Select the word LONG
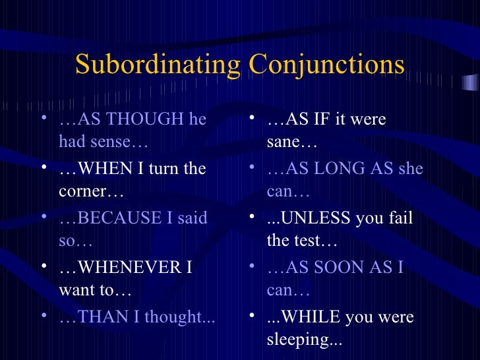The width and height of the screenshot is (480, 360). pyautogui.click(x=330, y=169)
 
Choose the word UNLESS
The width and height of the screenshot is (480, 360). pyautogui.click(x=314, y=218)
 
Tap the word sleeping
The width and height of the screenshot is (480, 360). pyautogui.click(x=300, y=340)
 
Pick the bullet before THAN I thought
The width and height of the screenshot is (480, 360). pyautogui.click(x=44, y=318)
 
